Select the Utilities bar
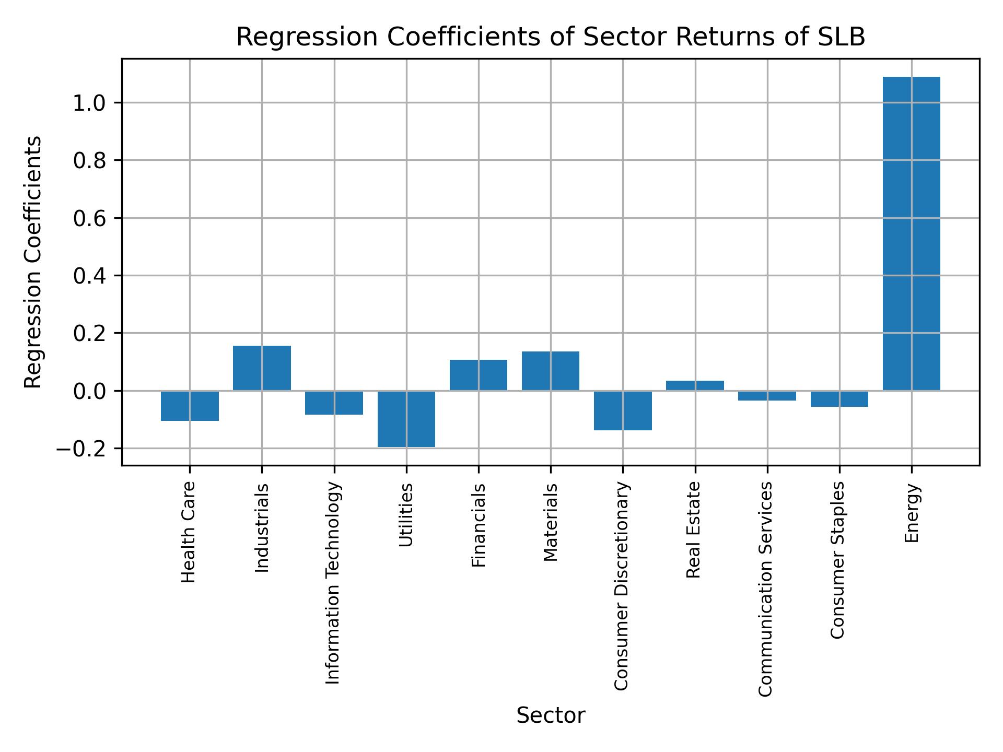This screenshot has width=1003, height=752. point(406,419)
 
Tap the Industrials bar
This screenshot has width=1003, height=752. point(262,368)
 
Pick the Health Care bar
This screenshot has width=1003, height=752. point(190,406)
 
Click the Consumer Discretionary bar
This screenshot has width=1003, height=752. point(623,410)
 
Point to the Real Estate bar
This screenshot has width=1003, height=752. point(695,385)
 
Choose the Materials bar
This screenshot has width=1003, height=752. point(551,371)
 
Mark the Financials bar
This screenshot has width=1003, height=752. point(479,375)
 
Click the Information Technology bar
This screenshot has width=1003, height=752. point(334,403)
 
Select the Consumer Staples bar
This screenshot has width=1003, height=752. point(839,399)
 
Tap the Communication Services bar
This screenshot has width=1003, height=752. point(767,396)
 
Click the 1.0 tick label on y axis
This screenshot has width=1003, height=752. point(89,103)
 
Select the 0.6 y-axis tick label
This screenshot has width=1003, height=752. point(89,219)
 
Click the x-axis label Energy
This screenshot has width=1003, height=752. point(912,513)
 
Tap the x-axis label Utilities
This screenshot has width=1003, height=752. point(406,515)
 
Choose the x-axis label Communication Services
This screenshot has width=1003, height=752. point(765,589)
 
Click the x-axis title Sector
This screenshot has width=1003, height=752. point(551,715)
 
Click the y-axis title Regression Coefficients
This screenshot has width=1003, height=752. point(33,262)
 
